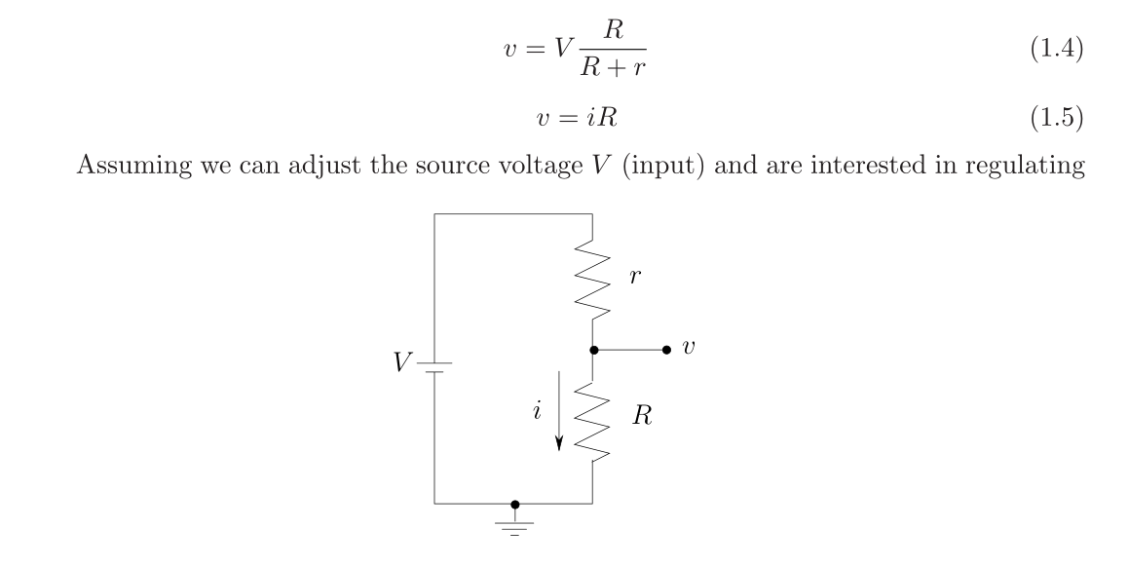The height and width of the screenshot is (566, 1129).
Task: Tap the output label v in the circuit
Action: click(690, 348)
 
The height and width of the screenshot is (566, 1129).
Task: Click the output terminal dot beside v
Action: click(666, 349)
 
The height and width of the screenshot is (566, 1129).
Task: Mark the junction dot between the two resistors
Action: click(592, 349)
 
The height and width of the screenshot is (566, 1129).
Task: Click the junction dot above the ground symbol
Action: click(515, 504)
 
